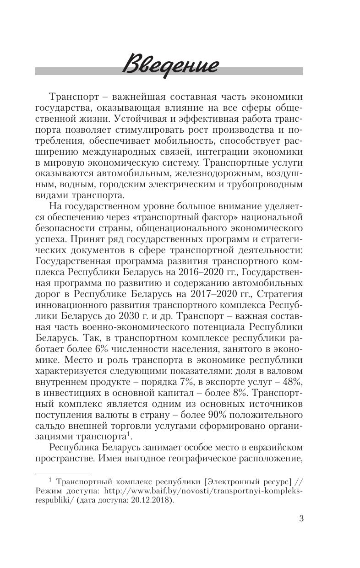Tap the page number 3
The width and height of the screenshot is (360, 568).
(301, 519)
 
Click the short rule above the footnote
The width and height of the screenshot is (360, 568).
(62, 474)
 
